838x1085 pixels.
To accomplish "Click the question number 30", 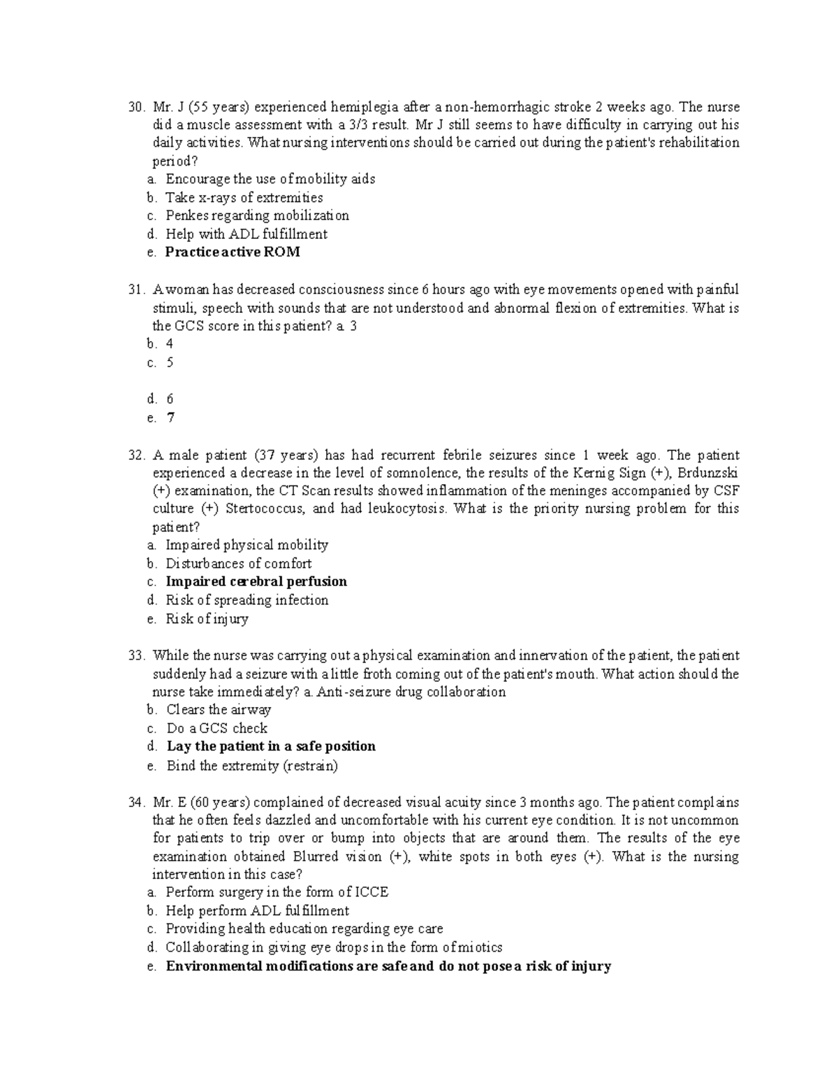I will [135, 108].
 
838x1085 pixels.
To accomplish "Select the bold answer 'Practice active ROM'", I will [233, 252].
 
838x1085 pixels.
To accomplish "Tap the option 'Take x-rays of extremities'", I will [244, 198].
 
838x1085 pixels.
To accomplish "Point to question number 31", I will [135, 290].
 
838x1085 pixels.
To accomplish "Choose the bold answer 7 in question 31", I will [170, 418].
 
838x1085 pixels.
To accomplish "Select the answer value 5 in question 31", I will [170, 363].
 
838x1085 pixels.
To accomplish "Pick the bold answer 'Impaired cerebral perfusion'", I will [256, 582].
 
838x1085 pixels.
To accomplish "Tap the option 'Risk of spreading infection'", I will [247, 600].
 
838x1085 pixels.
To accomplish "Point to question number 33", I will [135, 656].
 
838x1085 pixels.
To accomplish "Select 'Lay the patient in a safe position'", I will [271, 746].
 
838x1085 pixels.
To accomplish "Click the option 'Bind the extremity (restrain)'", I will [251, 766].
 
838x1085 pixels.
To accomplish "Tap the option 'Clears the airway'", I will [218, 710].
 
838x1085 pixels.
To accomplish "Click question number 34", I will [135, 803].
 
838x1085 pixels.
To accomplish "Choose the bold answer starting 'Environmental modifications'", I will [388, 966].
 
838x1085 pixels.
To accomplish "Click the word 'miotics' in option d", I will [478, 948].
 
